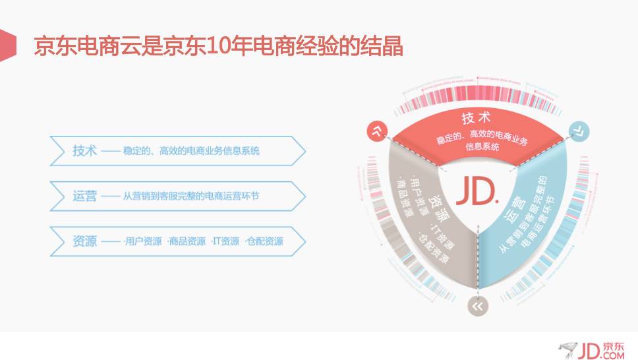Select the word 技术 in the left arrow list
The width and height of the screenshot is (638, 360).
[x=84, y=150]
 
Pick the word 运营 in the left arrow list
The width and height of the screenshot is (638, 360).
[x=84, y=196]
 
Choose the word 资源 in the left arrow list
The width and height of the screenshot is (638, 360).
[x=84, y=241]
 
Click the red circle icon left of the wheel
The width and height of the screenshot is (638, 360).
[x=378, y=131]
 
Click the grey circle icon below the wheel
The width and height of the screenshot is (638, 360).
[x=477, y=305]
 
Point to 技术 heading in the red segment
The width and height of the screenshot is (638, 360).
[x=477, y=119]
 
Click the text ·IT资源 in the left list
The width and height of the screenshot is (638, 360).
[x=225, y=241]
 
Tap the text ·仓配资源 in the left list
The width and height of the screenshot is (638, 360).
[x=264, y=241]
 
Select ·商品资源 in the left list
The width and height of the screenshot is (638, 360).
[x=187, y=241]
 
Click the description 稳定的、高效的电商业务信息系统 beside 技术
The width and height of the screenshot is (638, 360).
[x=191, y=151]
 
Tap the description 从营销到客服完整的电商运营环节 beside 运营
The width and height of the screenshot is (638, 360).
[x=191, y=196]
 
